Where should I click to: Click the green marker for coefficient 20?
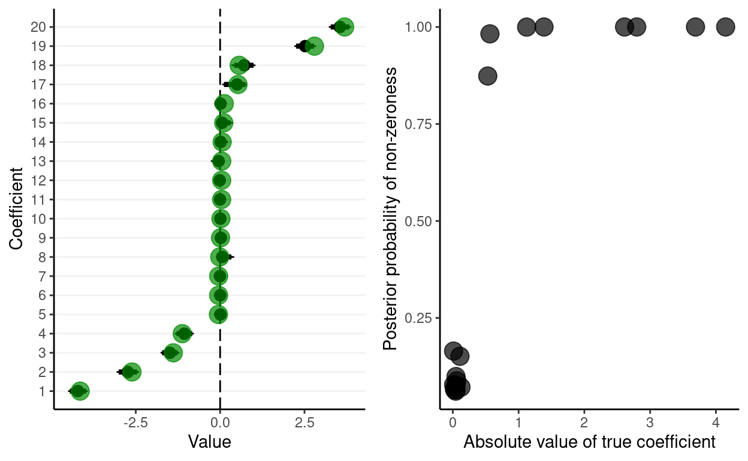(344, 27)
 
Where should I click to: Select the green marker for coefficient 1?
(79, 391)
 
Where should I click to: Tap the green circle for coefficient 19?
(313, 46)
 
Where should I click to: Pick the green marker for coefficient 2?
(132, 372)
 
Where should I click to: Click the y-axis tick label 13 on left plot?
(39, 161)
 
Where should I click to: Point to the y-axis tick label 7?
(42, 276)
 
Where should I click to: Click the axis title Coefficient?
(17, 208)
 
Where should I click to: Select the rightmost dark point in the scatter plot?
(725, 27)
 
